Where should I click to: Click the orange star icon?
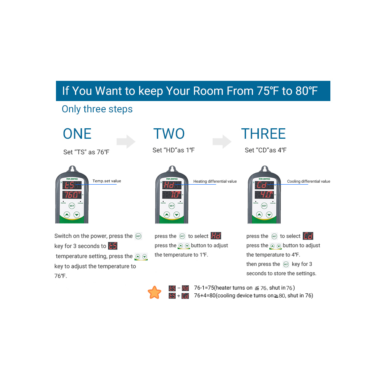pos(154,292)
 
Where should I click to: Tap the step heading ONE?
pos(77,134)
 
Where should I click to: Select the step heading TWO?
pos(169,134)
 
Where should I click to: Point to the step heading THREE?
pos(264,134)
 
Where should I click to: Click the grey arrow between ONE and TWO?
pos(126,141)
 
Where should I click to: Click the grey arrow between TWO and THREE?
pos(222,141)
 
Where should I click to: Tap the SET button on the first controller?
pos(72,206)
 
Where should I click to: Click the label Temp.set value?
pos(107,181)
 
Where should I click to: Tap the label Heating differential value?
pos(215,181)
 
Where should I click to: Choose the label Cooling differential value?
pos(309,181)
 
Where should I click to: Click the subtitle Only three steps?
pos(97,109)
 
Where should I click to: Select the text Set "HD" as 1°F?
pos(174,150)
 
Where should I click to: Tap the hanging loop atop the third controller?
pos(264,169)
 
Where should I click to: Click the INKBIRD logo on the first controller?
pos(72,179)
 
